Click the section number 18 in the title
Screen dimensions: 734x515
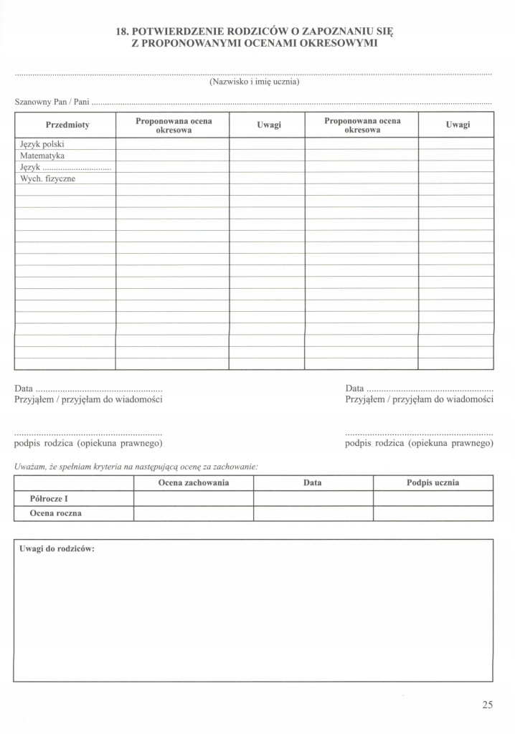(121, 32)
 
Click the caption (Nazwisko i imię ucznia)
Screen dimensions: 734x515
(254, 82)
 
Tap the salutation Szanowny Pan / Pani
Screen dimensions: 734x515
(52, 103)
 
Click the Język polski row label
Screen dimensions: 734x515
(42, 144)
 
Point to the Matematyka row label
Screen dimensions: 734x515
(42, 156)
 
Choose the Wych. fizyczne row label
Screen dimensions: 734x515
(47, 178)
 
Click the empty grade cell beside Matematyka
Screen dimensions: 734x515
(173, 156)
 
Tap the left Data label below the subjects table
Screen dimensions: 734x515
(24, 388)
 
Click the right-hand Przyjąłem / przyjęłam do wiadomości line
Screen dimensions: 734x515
(419, 399)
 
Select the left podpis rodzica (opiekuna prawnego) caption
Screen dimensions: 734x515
(88, 444)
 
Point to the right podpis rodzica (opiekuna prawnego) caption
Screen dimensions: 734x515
(419, 444)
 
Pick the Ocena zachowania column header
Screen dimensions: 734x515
(194, 483)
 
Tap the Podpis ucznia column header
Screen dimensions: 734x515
(433, 483)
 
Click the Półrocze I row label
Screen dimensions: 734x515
(49, 498)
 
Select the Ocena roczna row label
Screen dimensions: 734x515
(56, 513)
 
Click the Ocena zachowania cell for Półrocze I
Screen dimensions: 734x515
(194, 498)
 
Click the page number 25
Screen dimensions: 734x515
(488, 705)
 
